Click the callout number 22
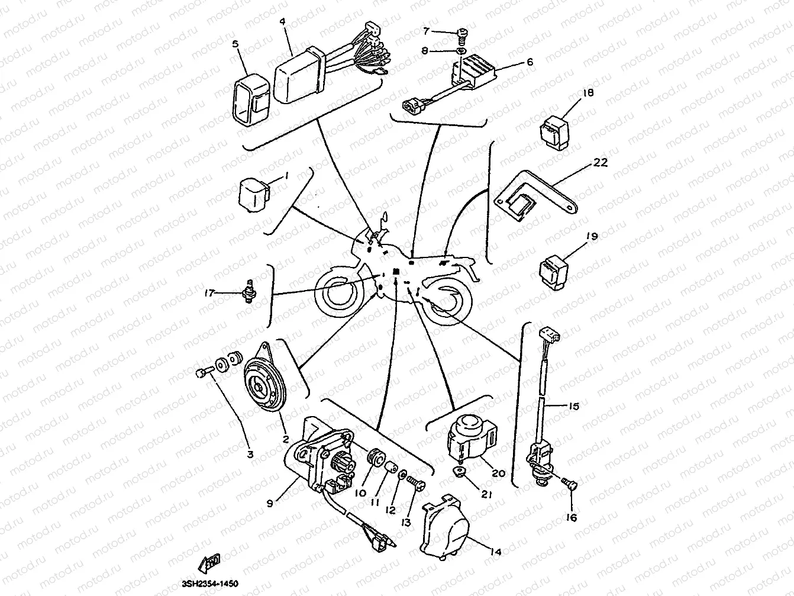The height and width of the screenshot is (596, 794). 601,163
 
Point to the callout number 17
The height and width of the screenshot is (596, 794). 209,292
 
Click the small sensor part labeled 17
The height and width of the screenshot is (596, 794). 250,292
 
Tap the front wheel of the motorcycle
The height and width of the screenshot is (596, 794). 338,294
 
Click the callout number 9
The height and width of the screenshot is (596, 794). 270,504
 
